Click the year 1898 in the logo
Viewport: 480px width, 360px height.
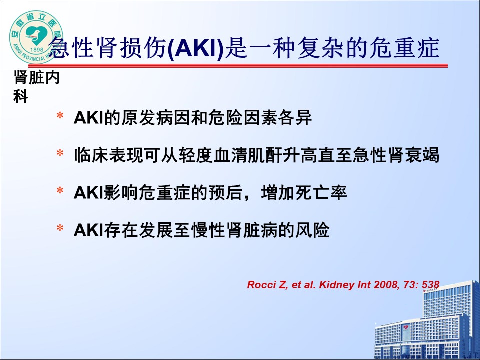[x=37, y=49]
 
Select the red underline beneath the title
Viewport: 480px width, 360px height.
[x=238, y=66]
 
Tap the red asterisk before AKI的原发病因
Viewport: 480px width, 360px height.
[x=60, y=116]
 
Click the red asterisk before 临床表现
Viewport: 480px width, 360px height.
[x=60, y=153]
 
